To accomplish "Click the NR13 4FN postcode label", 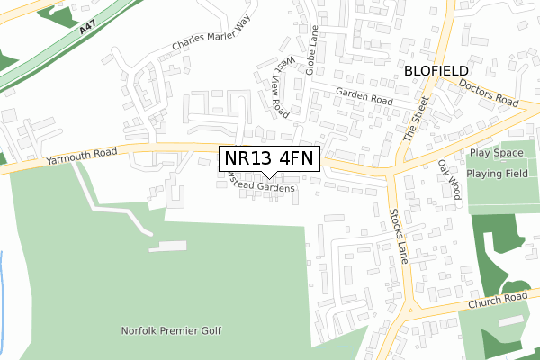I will pos(270,159).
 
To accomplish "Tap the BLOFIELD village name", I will pos(436,69).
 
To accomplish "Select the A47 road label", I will pos(87,31).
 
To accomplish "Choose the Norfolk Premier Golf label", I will pos(171,330).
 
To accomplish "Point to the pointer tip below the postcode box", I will pos(270,177).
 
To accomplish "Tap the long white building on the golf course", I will pos(167,246).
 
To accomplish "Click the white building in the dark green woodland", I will pos(509,321).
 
